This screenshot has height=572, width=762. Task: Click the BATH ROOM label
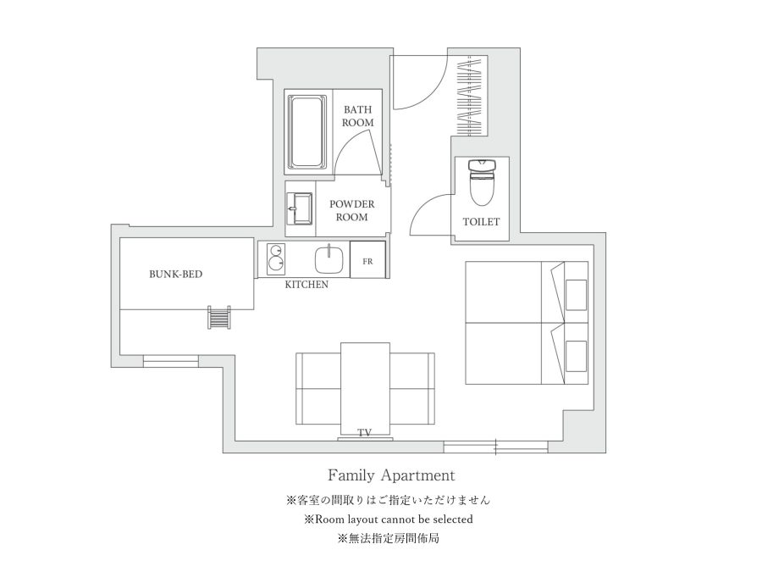(357, 116)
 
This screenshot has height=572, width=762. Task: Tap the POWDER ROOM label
(352, 211)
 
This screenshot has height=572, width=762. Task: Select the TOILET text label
(481, 222)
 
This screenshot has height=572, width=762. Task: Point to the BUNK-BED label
(175, 275)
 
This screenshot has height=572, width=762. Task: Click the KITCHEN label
(306, 285)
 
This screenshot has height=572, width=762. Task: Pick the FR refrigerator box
(368, 260)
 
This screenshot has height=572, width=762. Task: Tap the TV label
(364, 432)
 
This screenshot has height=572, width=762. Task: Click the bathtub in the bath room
(306, 132)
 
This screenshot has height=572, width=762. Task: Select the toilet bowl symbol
(482, 181)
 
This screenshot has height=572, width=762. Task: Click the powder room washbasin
(299, 208)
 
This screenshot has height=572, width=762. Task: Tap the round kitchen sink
(329, 259)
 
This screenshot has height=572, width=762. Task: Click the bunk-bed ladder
(219, 317)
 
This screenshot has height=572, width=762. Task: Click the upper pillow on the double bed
(577, 295)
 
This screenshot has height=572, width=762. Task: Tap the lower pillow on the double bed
(577, 356)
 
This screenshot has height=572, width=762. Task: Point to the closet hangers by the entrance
(472, 96)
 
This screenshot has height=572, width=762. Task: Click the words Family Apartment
(391, 475)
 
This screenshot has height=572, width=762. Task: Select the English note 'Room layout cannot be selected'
(394, 519)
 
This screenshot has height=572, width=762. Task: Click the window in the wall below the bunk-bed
(170, 361)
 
